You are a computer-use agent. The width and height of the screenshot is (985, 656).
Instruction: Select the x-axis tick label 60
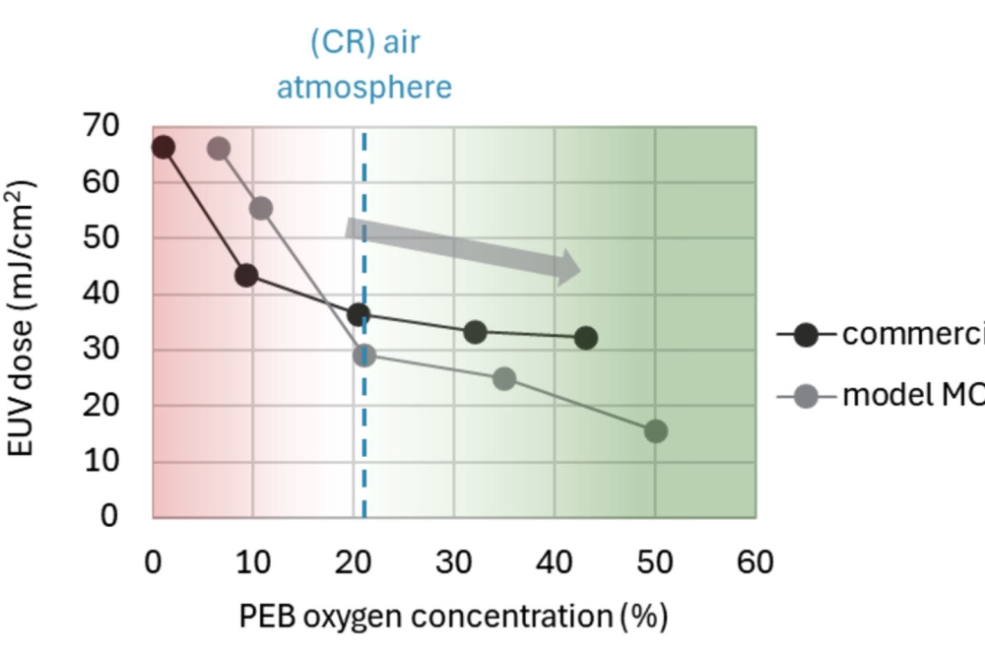click(755, 562)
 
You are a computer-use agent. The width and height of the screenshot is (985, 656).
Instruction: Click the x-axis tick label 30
click(454, 562)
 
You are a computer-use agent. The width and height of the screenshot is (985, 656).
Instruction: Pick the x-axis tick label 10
click(253, 562)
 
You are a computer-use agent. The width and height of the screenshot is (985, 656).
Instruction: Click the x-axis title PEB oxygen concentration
click(453, 617)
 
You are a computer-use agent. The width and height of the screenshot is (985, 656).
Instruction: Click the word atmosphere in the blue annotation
click(363, 88)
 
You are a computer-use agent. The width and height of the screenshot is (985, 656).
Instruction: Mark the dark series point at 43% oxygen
click(586, 338)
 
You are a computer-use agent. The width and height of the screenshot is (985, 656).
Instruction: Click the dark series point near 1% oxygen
click(164, 147)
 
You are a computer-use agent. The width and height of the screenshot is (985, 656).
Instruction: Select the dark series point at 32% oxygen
click(475, 332)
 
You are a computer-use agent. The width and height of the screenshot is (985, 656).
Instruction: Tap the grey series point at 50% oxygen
click(655, 430)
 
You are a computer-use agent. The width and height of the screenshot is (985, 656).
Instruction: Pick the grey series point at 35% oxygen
click(504, 378)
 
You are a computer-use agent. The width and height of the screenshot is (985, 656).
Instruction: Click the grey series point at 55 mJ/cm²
click(261, 208)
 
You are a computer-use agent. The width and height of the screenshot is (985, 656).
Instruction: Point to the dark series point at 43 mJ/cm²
click(246, 275)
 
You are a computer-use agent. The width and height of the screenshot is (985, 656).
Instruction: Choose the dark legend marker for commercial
click(807, 335)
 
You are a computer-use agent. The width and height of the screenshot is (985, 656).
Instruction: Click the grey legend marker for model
click(807, 396)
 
